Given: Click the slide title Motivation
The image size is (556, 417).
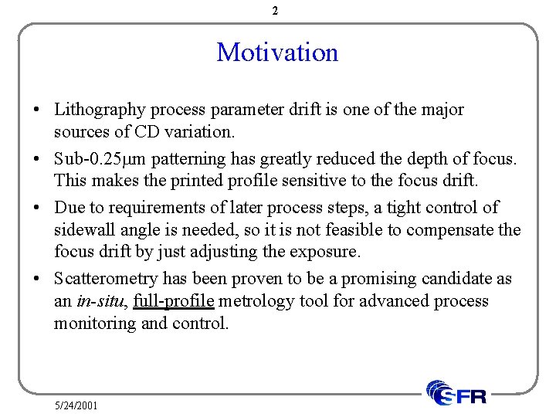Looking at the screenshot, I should [277, 53].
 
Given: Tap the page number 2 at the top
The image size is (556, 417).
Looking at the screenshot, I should [276, 11].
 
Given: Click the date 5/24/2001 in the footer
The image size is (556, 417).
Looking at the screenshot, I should [76, 405].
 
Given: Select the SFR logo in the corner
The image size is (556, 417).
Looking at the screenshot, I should [457, 393].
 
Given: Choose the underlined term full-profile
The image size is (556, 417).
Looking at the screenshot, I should [174, 300].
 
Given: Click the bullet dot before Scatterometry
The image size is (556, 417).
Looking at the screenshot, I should [37, 278].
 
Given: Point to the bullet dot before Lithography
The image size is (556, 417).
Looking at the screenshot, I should [37, 110].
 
